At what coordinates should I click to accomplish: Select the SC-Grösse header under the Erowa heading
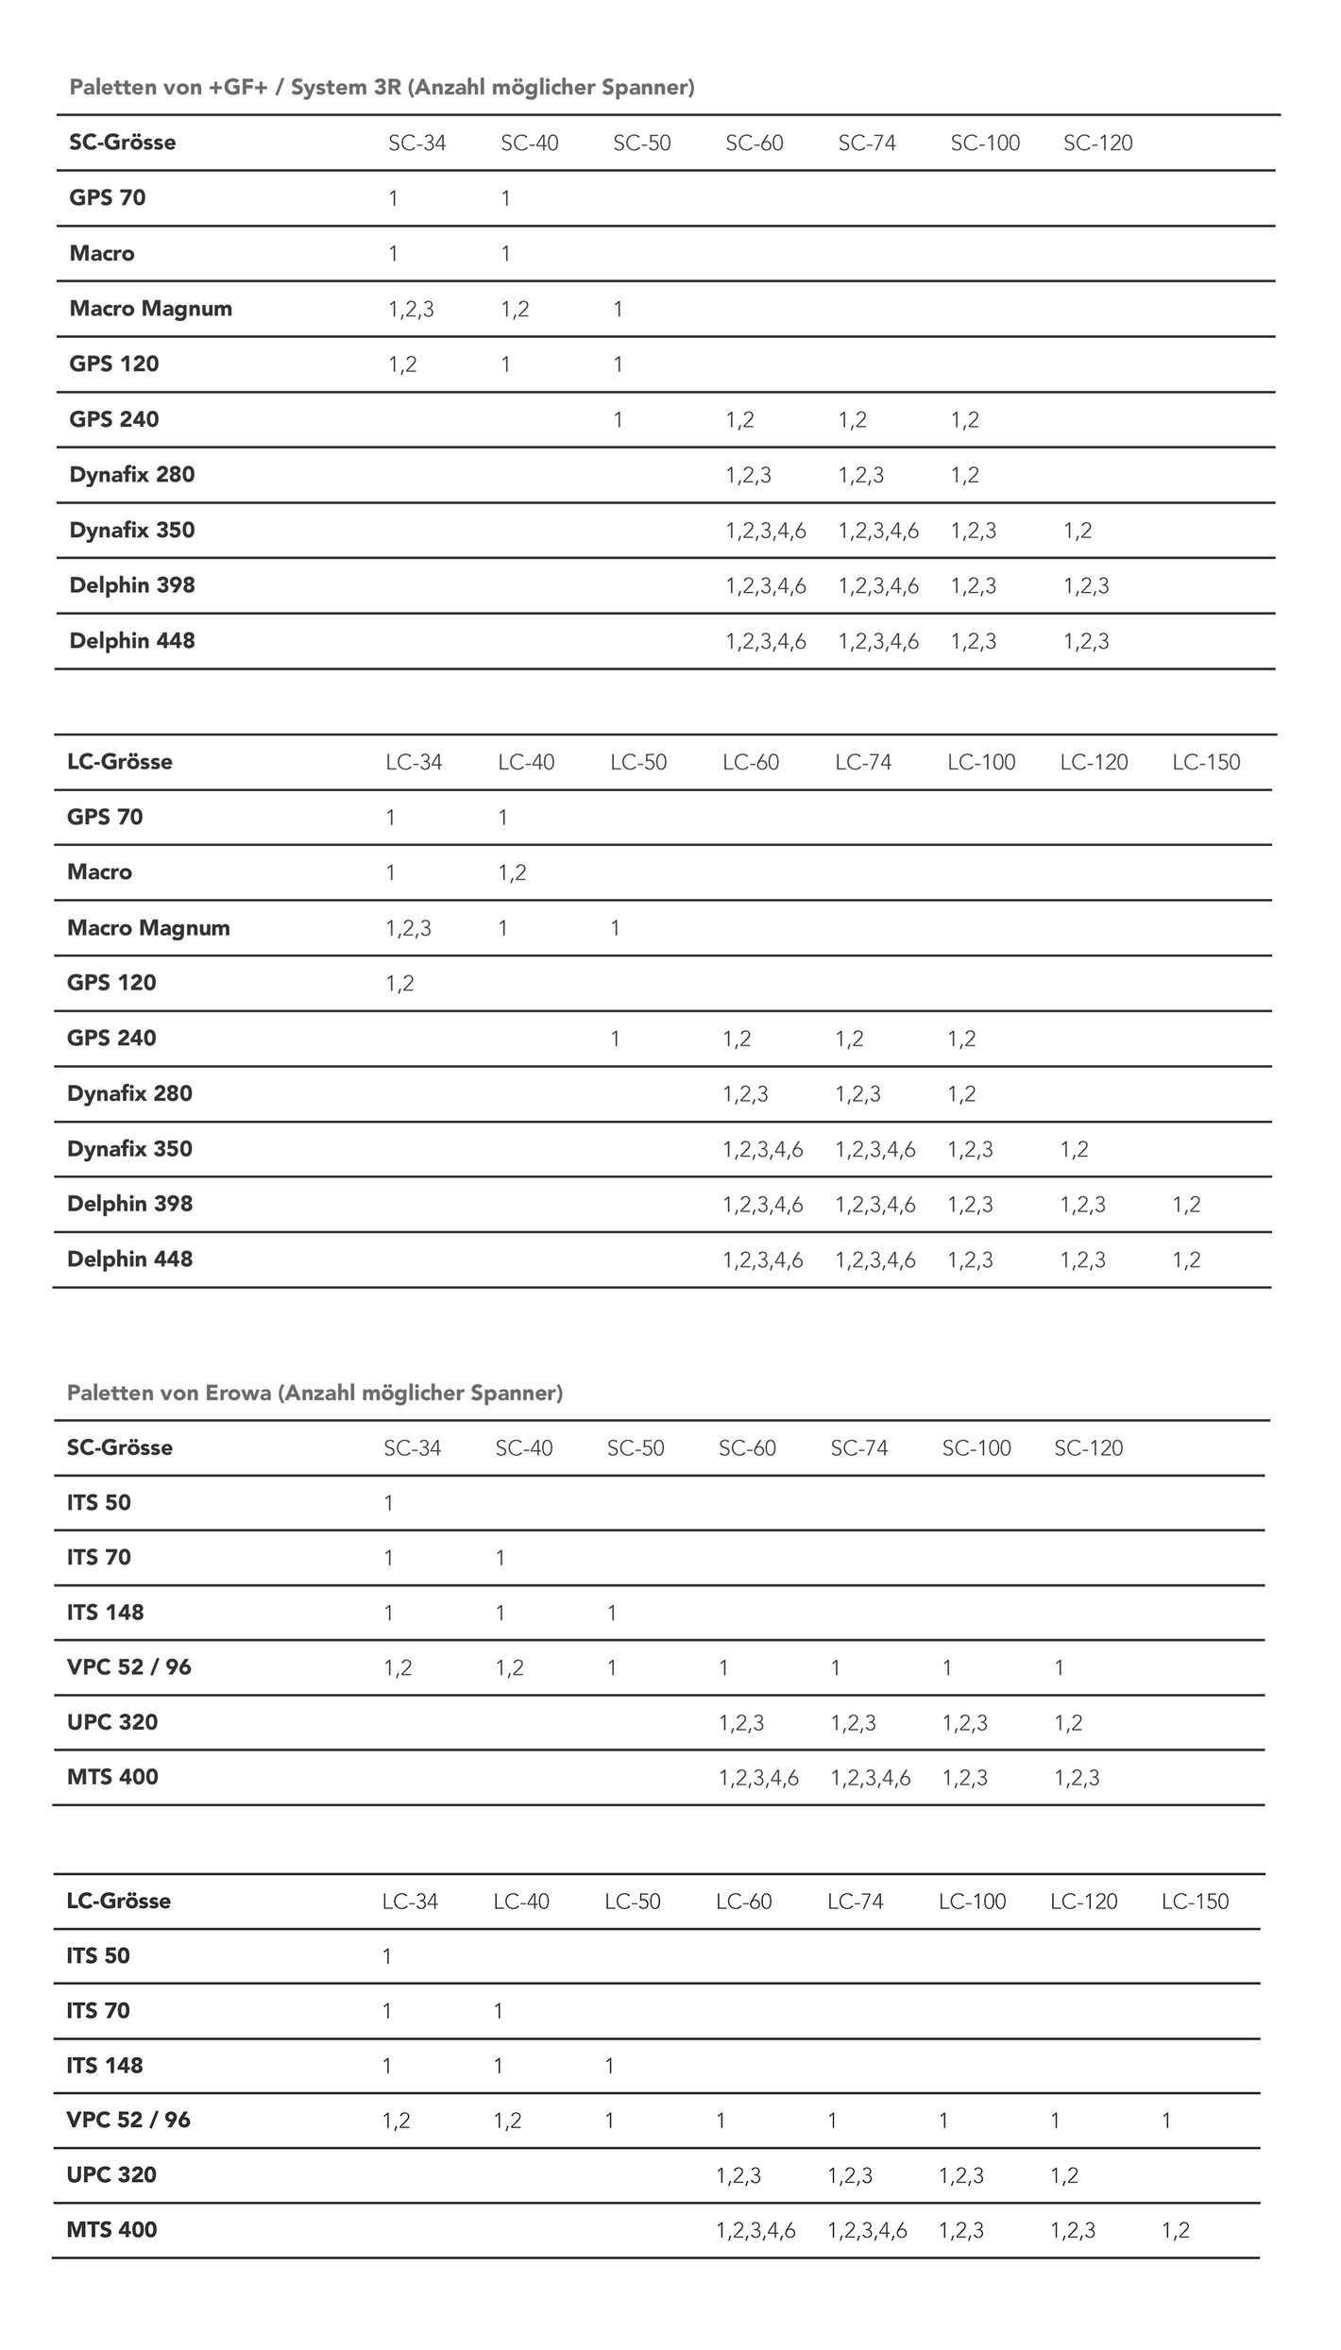[120, 1447]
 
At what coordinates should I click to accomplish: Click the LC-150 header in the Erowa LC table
[1195, 1901]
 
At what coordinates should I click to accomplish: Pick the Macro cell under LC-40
[512, 872]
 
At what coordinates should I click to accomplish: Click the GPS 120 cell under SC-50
[618, 364]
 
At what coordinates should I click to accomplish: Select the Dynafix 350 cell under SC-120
[1078, 531]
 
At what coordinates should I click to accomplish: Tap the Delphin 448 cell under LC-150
[1186, 1260]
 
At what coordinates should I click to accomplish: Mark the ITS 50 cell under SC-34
[389, 1503]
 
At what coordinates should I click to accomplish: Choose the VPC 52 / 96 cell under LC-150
[1166, 2121]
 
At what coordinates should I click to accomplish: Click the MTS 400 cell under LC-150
[1176, 2230]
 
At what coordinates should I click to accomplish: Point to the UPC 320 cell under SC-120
[1068, 1723]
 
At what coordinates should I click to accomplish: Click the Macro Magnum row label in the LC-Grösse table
[148, 928]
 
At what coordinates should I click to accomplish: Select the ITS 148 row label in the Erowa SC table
[105, 1613]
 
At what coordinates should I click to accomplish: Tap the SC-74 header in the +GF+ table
[867, 144]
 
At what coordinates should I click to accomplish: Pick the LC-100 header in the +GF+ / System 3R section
[981, 762]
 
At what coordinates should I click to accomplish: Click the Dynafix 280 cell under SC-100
[964, 475]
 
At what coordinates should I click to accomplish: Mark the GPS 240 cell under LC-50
[615, 1039]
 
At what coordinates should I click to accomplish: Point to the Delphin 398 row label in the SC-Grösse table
[132, 585]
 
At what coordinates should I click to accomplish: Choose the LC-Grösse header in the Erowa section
[119, 1901]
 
